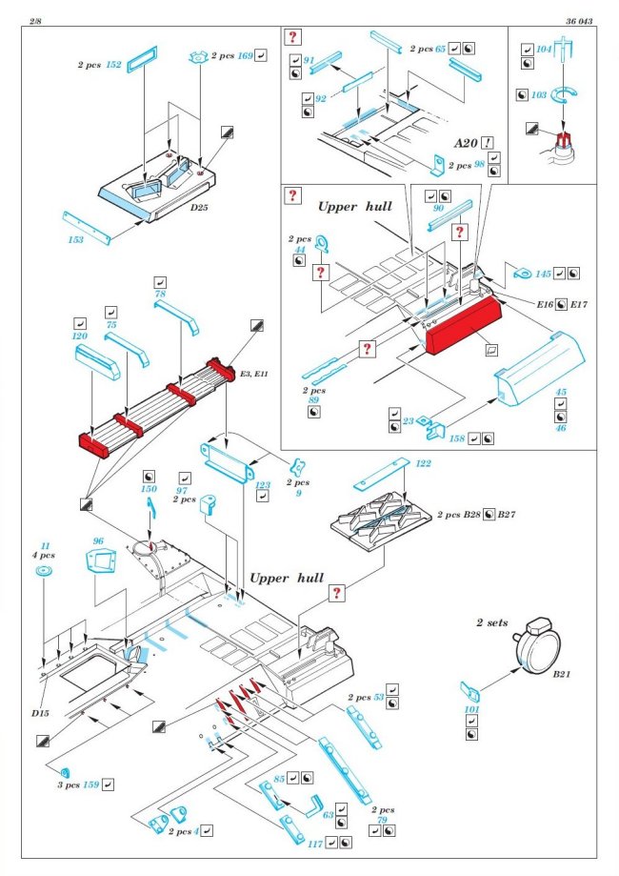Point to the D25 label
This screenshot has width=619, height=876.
pos(198,208)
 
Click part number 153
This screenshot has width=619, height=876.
pos(75,240)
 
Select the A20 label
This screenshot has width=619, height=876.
pos(466,142)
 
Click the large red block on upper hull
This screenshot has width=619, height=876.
pos(461,326)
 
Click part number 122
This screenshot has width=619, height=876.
pos(423,463)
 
